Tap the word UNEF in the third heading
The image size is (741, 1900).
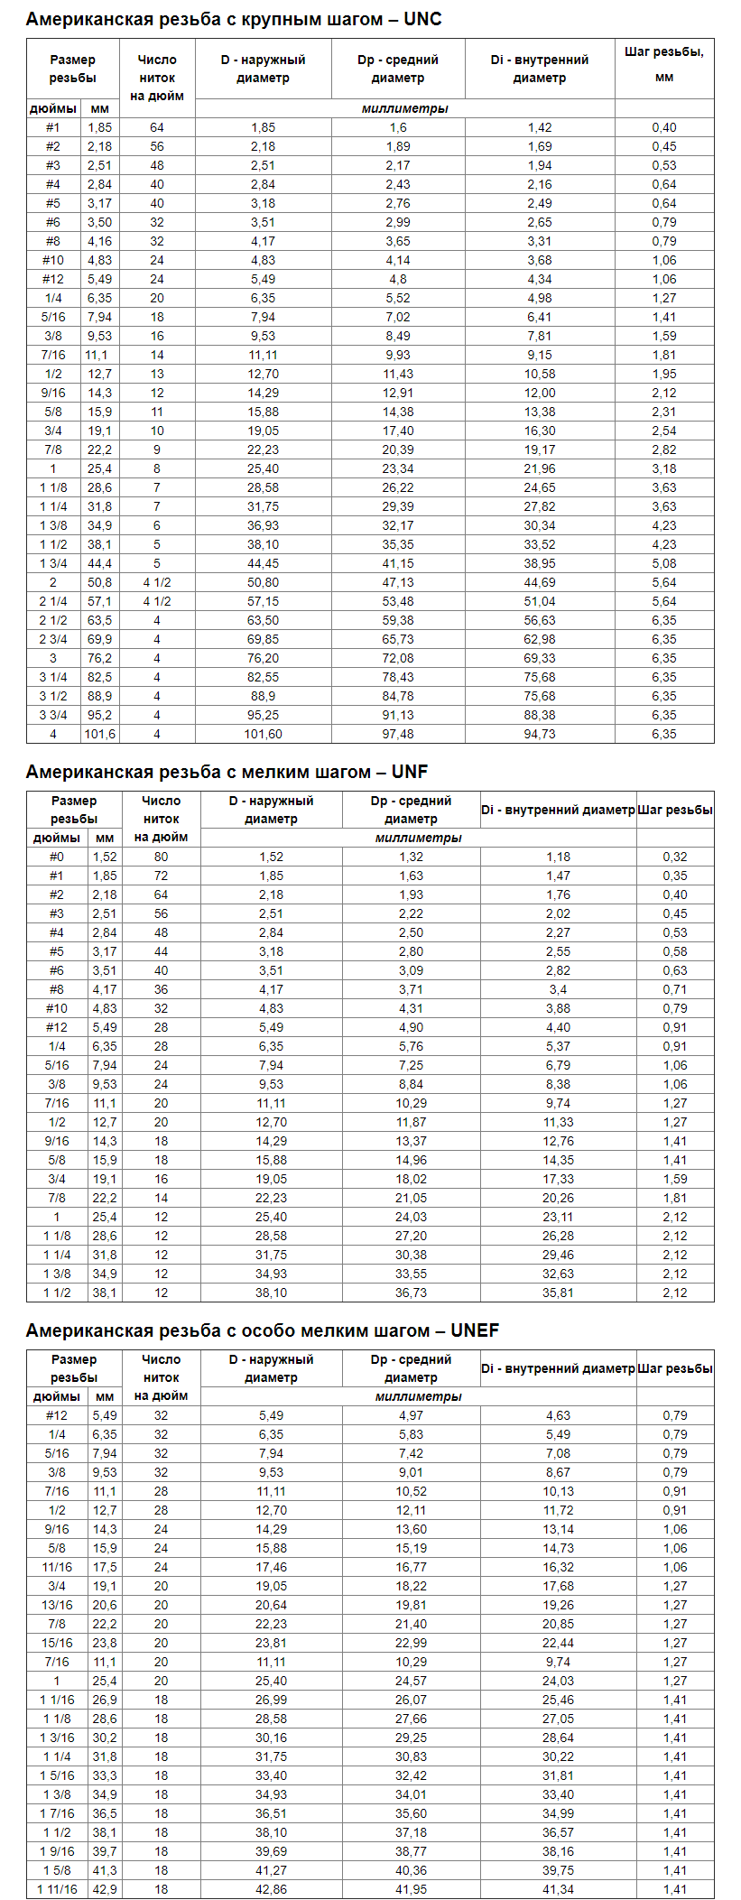(x=475, y=1330)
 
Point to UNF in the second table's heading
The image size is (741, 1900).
(x=410, y=772)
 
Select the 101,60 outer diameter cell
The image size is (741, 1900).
(x=263, y=734)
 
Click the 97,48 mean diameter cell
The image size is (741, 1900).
(x=398, y=734)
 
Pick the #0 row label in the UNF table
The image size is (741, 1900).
(x=56, y=857)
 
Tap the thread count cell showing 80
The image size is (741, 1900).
(x=161, y=857)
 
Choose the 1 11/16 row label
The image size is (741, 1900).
(x=57, y=1889)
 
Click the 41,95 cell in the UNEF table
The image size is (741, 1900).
(x=411, y=1889)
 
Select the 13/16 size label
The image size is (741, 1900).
(x=57, y=1605)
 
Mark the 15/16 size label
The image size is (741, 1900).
(x=57, y=1643)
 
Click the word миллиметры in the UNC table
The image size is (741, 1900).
(x=404, y=108)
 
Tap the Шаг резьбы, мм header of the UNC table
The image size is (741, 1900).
(x=663, y=64)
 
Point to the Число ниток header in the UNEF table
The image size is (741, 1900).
(x=161, y=1377)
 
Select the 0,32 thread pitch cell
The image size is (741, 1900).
(x=674, y=857)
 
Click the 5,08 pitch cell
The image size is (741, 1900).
(x=663, y=563)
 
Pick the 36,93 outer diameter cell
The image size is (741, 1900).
(x=263, y=525)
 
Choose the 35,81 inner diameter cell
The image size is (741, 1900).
(x=558, y=1293)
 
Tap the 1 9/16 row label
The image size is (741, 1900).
(x=57, y=1851)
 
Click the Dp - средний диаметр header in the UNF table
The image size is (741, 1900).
(x=411, y=810)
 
